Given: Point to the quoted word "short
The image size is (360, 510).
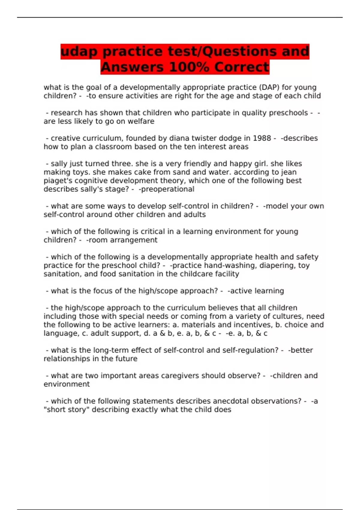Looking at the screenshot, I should pos(55,410).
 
